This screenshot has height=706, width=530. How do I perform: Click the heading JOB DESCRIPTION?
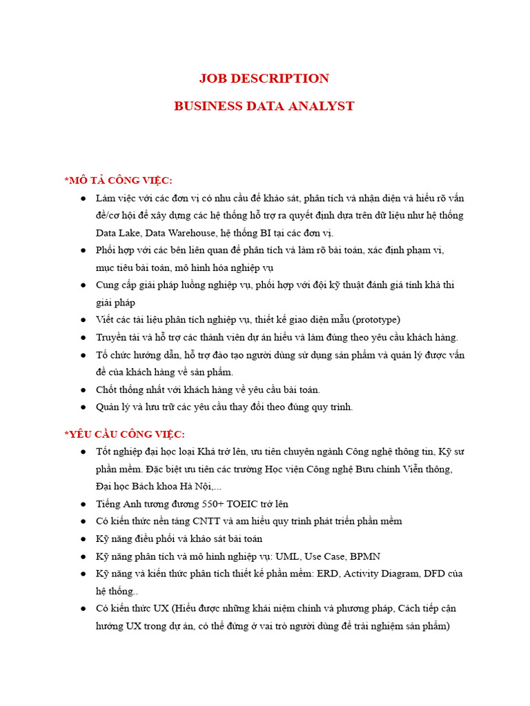point(264,79)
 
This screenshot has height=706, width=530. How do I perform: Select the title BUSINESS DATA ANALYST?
point(264,106)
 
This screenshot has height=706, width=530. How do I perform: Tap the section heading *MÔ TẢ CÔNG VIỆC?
point(118,180)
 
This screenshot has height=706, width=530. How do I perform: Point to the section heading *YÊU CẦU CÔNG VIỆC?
point(125,434)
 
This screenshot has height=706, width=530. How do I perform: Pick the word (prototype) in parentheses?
point(376,320)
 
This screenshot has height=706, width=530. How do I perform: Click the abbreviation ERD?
point(328,574)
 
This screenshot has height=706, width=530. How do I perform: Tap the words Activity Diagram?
point(384,574)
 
